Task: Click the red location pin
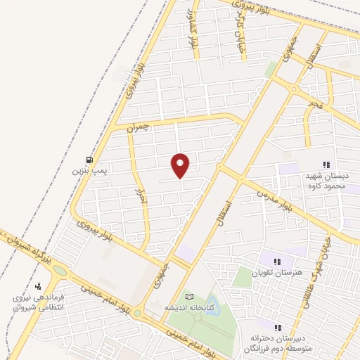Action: pos(181,165)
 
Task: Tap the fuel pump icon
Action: pos(89,160)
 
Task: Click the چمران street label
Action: pos(139,128)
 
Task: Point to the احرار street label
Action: pos(139,196)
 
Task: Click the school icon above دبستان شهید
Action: pos(326,164)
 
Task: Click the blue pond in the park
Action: pos(209,304)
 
